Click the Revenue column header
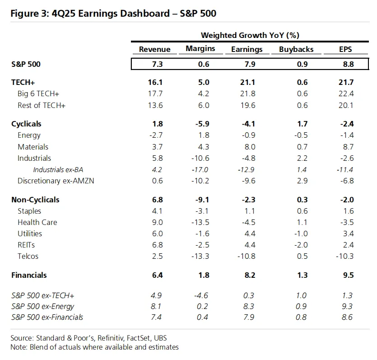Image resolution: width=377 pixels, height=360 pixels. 154,49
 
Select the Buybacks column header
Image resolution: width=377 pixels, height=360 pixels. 296,49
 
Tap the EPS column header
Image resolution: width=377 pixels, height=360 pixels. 345,49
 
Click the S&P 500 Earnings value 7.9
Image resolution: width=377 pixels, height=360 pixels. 250,64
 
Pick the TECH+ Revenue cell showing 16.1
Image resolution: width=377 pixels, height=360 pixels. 155,82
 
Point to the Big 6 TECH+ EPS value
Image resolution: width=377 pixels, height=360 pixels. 346,94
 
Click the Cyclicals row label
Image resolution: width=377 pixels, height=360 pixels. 26,124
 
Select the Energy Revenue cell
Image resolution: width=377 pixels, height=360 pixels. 156,135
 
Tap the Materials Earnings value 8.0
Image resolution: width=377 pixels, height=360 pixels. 250,147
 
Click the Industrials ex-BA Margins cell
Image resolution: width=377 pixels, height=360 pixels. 200,170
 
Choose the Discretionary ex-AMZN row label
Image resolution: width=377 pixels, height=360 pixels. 56,181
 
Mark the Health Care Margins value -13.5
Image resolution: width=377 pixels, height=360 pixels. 200,222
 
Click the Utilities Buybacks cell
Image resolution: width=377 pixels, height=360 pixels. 301,234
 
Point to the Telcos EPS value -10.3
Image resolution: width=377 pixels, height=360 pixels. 345,256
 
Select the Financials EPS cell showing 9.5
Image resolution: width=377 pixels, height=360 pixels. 349,275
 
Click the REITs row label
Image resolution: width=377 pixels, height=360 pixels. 26,245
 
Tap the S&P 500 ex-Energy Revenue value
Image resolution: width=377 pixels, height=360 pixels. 156,306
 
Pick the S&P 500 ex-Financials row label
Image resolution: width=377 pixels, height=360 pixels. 47,317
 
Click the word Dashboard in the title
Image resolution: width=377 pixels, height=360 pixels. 145,13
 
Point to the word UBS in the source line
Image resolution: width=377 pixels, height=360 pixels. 160,338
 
